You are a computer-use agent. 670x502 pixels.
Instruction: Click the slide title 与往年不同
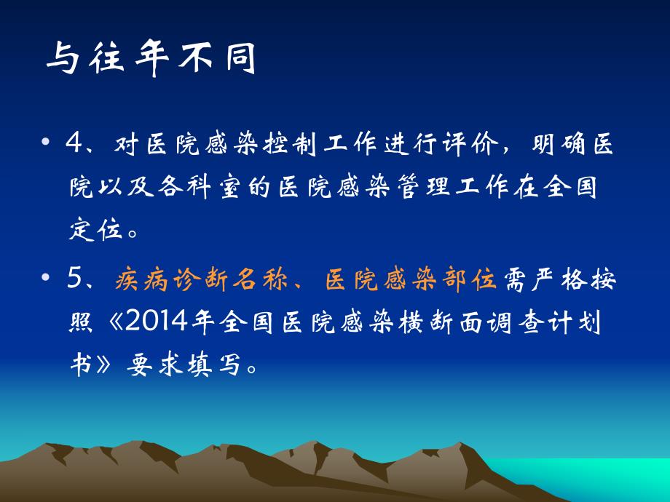click(151, 59)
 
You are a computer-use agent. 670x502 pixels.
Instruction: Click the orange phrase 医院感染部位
click(410, 280)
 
